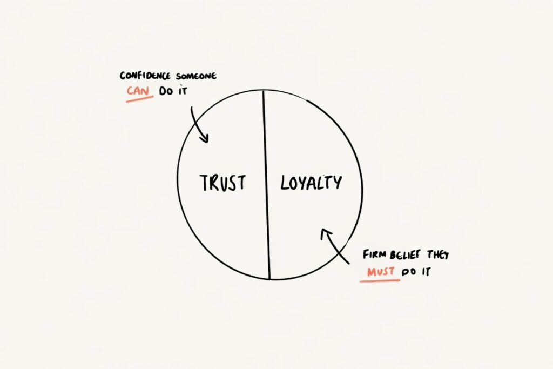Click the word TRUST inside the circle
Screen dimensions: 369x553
tap(222, 183)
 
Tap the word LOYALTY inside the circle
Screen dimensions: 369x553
tap(311, 183)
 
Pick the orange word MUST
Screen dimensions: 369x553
tap(381, 272)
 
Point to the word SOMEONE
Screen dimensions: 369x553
tap(196, 76)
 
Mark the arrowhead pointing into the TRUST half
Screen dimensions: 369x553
tap(204, 139)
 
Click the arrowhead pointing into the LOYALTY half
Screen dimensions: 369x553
tap(325, 233)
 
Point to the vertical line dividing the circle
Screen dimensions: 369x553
tap(266, 184)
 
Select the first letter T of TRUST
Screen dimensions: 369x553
tap(204, 183)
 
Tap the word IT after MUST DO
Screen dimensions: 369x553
tap(426, 272)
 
